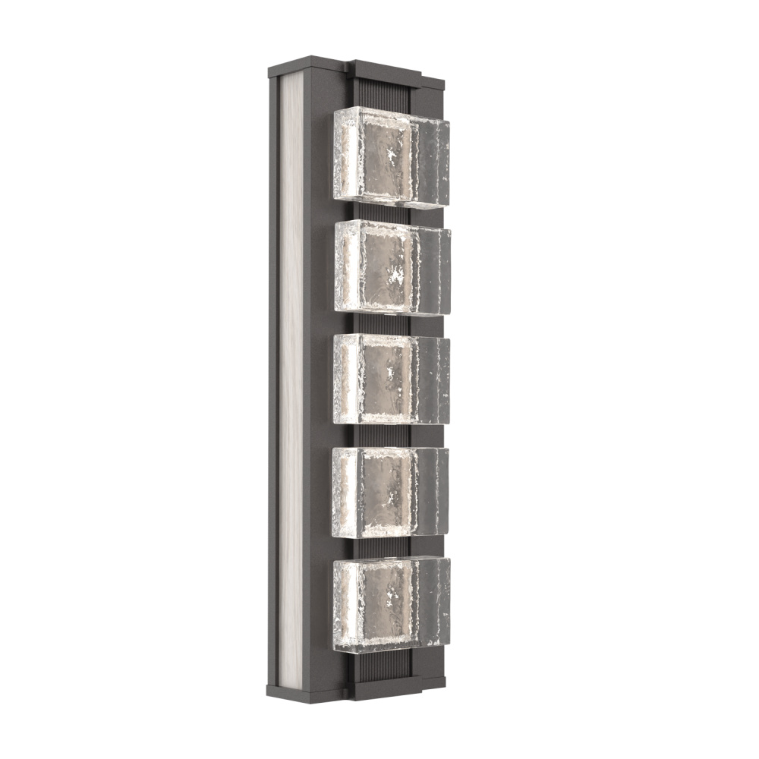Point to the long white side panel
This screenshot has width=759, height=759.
click(x=291, y=379)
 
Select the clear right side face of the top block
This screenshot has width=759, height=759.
click(x=433, y=163)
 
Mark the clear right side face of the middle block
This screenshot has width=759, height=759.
click(x=433, y=379)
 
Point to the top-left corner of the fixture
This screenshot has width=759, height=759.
click(x=270, y=65)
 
